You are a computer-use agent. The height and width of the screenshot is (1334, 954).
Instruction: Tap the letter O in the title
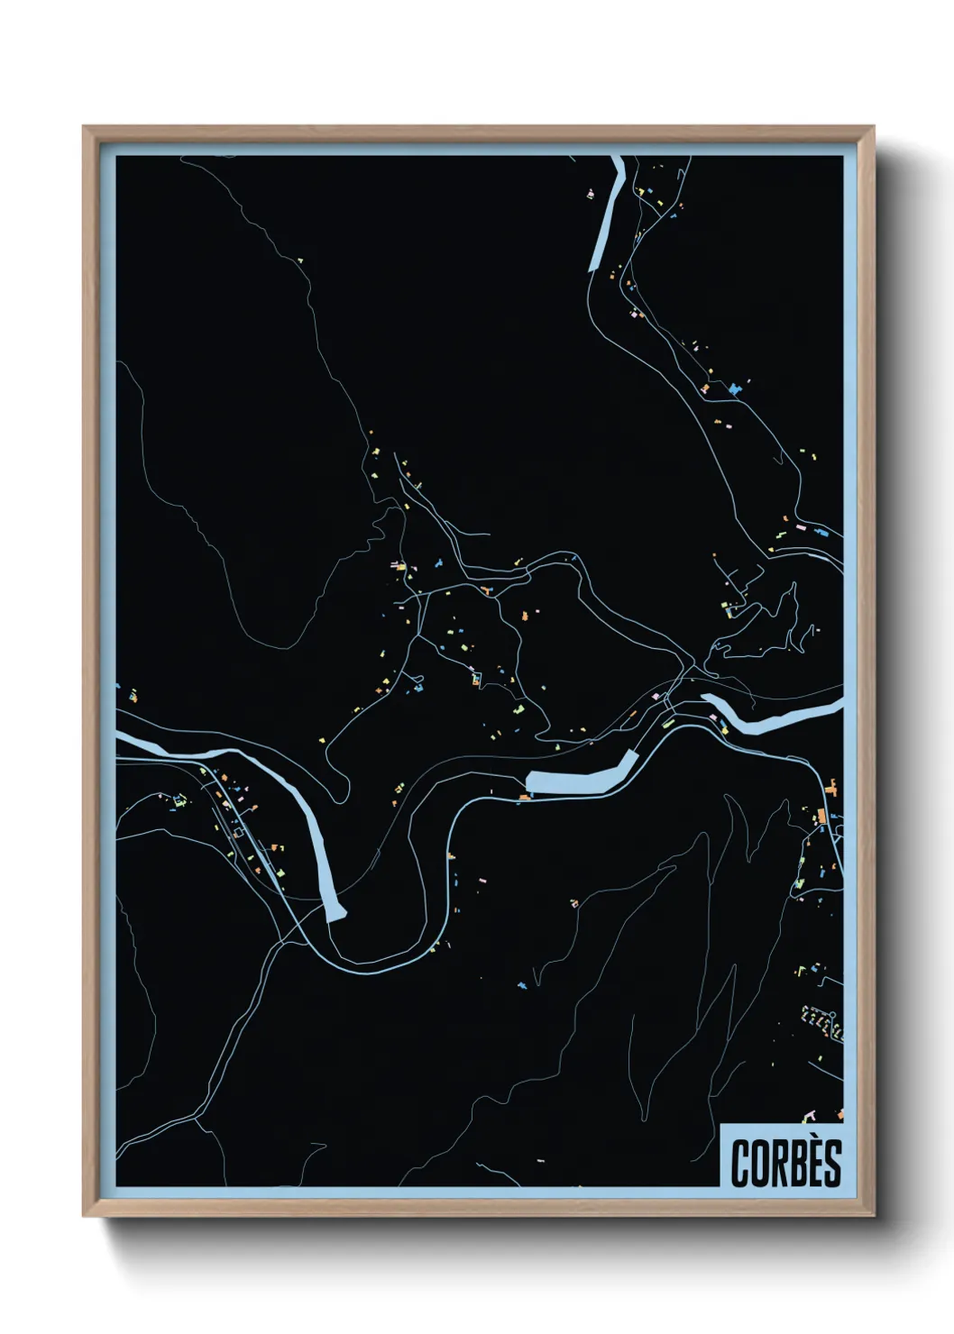coord(758,1163)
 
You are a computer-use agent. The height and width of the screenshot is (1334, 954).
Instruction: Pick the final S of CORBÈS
coord(831,1163)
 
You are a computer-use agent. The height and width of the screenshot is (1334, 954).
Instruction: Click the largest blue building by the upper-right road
coord(736,388)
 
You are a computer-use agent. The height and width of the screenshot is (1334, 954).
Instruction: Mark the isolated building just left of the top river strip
coord(591,193)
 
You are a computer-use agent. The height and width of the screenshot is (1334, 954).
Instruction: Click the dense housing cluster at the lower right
coord(822,1022)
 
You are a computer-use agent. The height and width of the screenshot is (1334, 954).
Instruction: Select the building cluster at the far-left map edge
coord(132,696)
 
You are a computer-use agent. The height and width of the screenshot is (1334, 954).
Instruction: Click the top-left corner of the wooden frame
coord(85,128)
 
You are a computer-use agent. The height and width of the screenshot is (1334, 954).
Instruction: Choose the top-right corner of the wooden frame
coord(872,128)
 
